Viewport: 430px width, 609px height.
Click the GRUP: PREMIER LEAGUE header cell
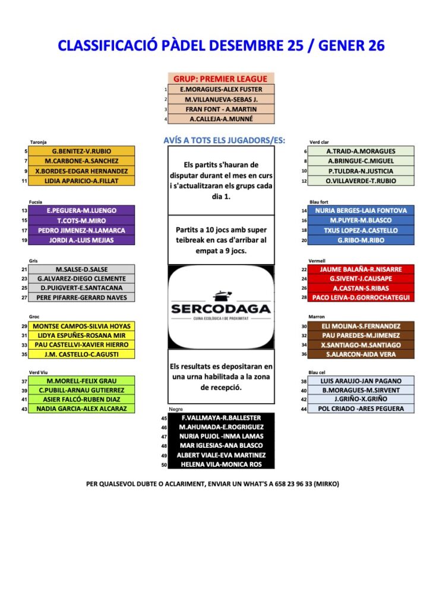[221, 79]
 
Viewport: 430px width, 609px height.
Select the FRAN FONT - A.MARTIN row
[221, 109]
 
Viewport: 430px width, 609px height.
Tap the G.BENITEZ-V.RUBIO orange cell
[81, 151]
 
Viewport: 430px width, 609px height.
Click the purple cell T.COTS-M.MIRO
[81, 221]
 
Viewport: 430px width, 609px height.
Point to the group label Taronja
[38, 142]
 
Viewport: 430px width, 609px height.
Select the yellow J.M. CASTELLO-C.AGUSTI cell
[81, 354]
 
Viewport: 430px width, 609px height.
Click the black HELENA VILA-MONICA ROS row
[221, 464]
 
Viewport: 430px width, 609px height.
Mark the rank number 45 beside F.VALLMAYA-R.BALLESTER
[164, 418]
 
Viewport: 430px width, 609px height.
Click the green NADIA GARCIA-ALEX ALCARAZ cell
[81, 409]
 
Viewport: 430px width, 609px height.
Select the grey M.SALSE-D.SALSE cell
[81, 269]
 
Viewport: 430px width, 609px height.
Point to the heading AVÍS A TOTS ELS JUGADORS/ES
[224, 140]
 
